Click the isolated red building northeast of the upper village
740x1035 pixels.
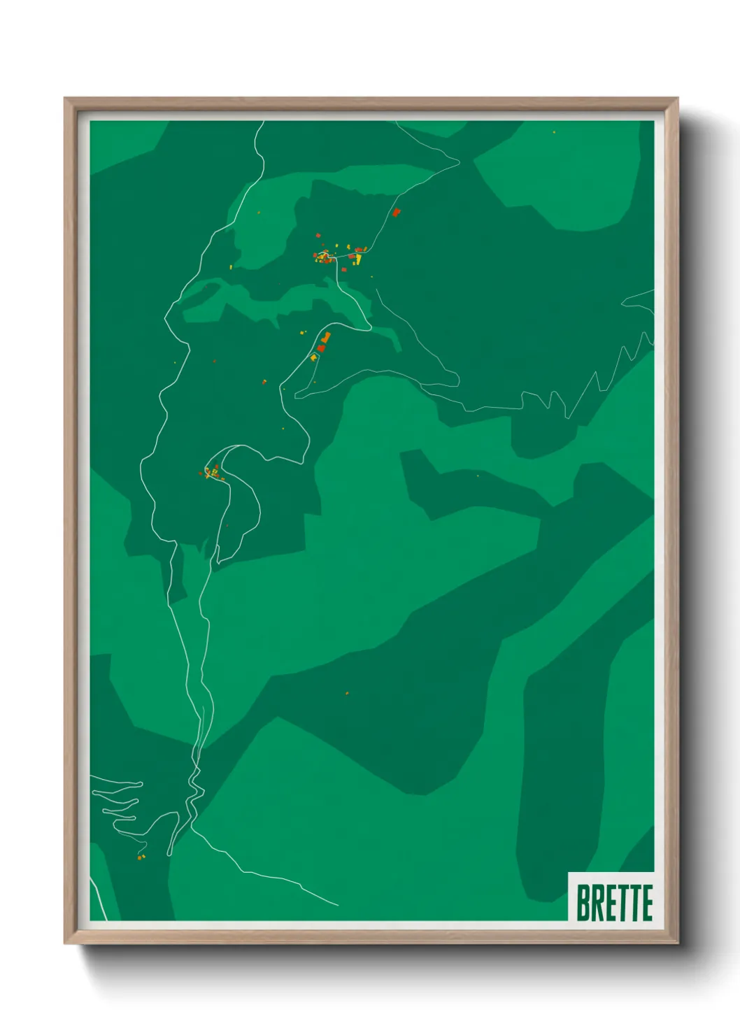(x=396, y=212)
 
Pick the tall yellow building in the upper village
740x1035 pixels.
(x=358, y=259)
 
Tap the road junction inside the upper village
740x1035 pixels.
(x=336, y=258)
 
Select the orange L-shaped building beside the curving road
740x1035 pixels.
(x=325, y=339)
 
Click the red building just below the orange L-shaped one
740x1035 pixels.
(x=321, y=348)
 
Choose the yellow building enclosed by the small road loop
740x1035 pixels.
(x=314, y=357)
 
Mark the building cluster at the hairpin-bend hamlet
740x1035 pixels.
(x=213, y=473)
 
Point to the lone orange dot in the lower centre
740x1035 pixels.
(x=347, y=693)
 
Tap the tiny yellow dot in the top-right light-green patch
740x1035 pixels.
(x=554, y=131)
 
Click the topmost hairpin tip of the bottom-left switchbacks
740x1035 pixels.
(x=140, y=783)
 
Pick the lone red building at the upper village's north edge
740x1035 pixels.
(x=318, y=236)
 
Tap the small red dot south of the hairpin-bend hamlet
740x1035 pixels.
(x=227, y=526)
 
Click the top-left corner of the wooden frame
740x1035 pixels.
(x=66, y=99)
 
